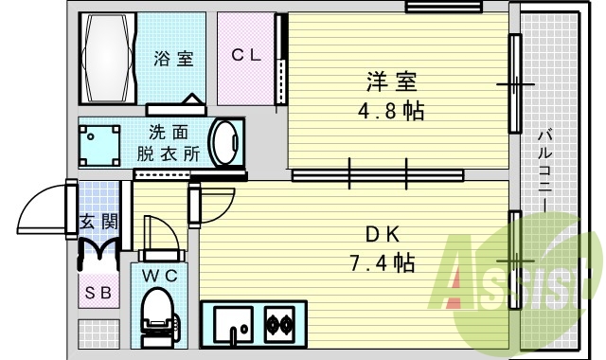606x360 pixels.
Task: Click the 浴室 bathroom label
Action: (x=174, y=59)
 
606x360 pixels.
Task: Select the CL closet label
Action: (x=246, y=55)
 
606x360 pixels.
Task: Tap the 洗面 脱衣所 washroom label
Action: (x=169, y=143)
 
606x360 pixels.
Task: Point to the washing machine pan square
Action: (x=100, y=145)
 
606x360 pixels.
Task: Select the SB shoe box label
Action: (x=98, y=293)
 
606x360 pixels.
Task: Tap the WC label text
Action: (x=160, y=276)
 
